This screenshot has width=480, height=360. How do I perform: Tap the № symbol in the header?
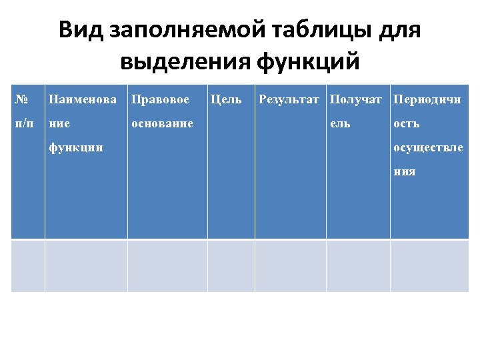(x=21, y=100)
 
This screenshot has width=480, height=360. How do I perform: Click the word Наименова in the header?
(x=83, y=100)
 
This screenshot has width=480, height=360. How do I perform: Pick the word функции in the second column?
(x=76, y=147)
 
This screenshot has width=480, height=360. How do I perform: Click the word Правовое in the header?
(x=160, y=100)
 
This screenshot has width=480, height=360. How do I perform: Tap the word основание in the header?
(x=162, y=124)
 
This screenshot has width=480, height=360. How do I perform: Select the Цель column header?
(x=226, y=100)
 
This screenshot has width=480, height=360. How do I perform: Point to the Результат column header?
(x=289, y=100)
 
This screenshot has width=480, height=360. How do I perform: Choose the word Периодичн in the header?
(x=427, y=100)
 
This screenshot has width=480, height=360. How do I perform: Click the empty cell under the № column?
(x=28, y=265)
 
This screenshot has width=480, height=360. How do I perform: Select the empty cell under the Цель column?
(x=231, y=265)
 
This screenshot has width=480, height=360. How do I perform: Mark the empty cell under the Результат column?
(x=290, y=265)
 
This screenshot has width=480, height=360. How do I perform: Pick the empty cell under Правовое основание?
(x=167, y=265)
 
